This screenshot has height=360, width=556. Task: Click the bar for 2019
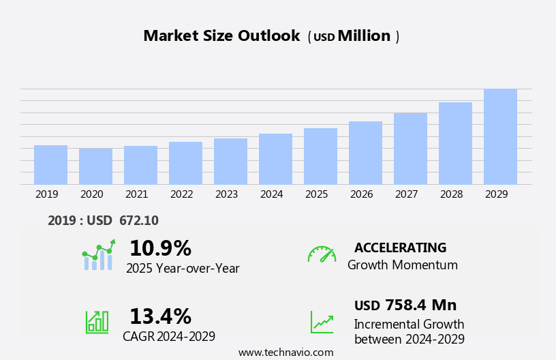pos(50,165)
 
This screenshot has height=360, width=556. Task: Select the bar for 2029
pos(500,136)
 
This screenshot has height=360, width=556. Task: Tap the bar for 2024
pos(275,159)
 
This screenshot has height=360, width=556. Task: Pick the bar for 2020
pos(95,166)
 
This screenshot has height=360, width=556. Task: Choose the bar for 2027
pos(410,149)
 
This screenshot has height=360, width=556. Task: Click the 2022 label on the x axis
pos(181,194)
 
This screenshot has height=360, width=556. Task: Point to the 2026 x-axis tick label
pos(361,194)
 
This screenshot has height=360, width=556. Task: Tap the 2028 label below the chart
pos(451,194)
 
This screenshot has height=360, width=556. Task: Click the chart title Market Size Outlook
pos(221,36)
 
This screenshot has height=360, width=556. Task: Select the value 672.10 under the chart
pos(138,220)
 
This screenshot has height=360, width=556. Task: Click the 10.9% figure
pos(160,248)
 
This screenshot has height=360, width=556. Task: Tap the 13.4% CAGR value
pos(160,316)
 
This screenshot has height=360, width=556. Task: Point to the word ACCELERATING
pos(400,247)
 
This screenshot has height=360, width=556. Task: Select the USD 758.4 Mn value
pos(405,305)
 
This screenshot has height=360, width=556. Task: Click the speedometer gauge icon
pos(322,254)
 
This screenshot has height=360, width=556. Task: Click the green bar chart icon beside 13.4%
pos(97,321)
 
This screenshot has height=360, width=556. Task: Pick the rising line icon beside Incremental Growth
pos(322,322)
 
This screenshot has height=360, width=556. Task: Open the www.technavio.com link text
pos(285,352)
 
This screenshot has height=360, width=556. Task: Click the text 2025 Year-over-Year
pos(183,268)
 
